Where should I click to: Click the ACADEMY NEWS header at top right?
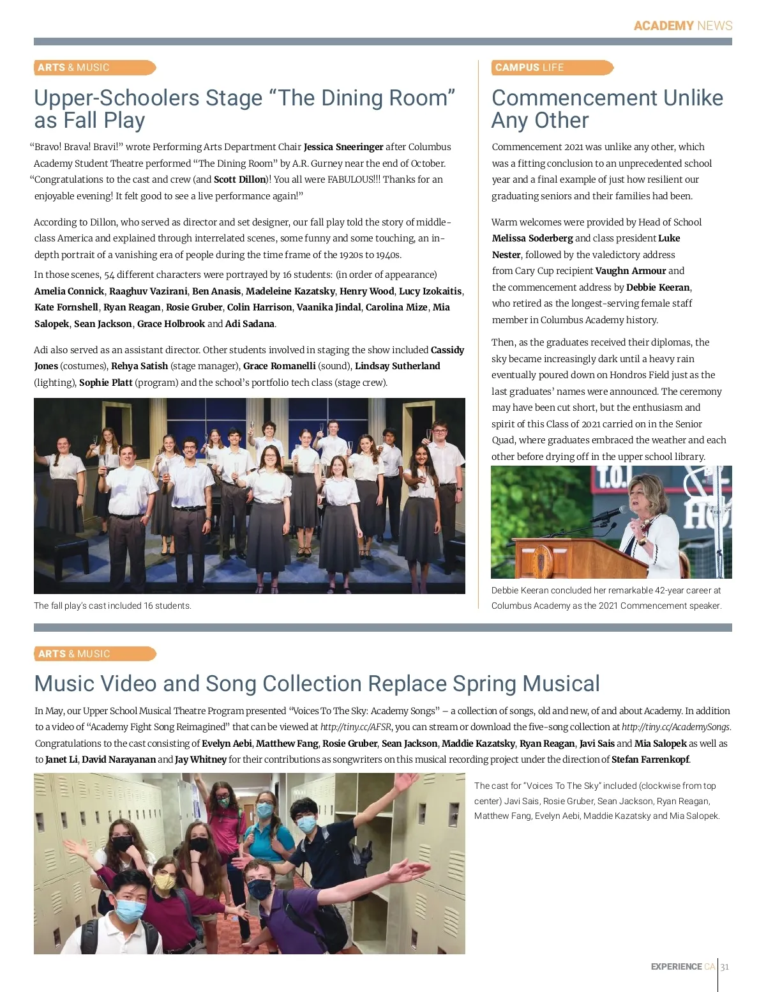(682, 26)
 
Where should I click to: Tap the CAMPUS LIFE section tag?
(529, 68)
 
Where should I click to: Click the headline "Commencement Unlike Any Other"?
(606, 109)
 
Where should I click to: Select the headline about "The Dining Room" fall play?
(244, 109)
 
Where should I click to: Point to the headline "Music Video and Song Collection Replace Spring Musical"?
(317, 683)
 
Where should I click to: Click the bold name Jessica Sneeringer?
(343, 147)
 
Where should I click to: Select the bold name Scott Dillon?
(239, 179)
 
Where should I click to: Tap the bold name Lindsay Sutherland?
(397, 366)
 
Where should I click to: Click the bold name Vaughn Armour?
(630, 271)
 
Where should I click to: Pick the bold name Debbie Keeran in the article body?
(657, 287)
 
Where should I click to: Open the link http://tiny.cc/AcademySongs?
(675, 727)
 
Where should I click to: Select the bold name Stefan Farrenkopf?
(650, 759)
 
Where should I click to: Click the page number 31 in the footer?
(725, 967)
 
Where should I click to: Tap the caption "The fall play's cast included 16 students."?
(112, 606)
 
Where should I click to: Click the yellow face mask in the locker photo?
(165, 881)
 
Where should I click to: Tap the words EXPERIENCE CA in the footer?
(682, 967)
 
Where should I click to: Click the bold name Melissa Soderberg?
(532, 238)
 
